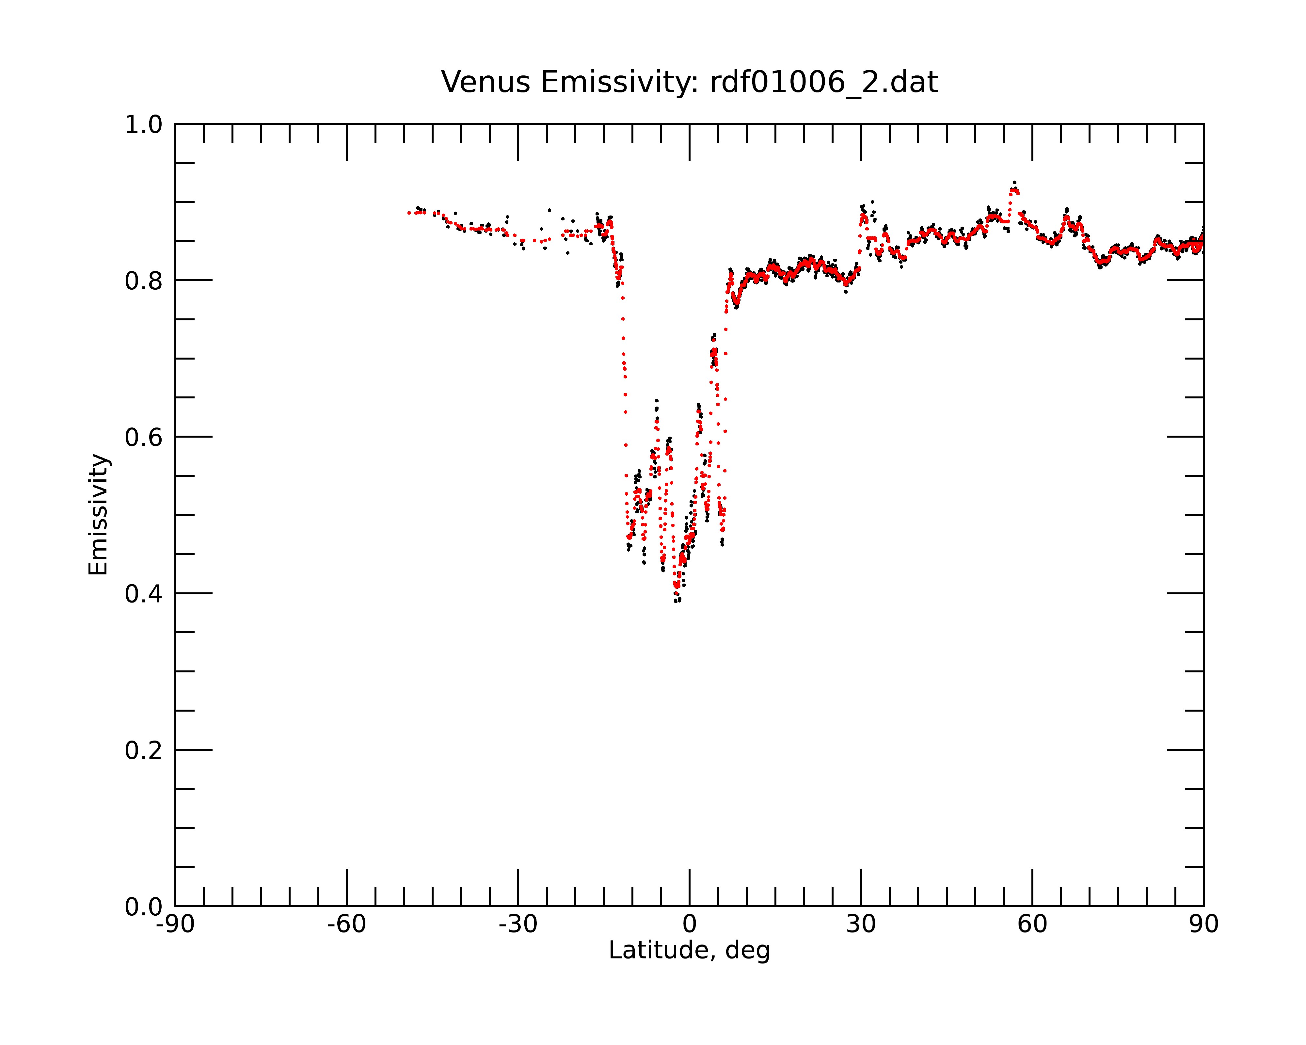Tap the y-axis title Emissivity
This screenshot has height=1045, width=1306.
(x=98, y=514)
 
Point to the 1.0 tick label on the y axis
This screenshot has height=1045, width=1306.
(x=144, y=125)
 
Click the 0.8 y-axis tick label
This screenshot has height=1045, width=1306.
(x=144, y=281)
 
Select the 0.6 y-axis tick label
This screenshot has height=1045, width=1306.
(x=144, y=437)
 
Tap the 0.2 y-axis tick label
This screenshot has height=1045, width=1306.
(x=144, y=750)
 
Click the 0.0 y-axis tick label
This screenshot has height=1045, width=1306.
(x=144, y=907)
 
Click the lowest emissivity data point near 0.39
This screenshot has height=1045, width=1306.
(x=676, y=601)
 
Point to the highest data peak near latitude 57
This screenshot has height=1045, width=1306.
(x=1015, y=182)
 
